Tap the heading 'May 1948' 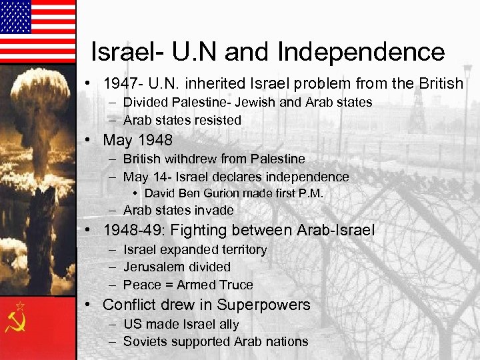click(137, 140)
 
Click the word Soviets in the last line click(145, 341)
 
